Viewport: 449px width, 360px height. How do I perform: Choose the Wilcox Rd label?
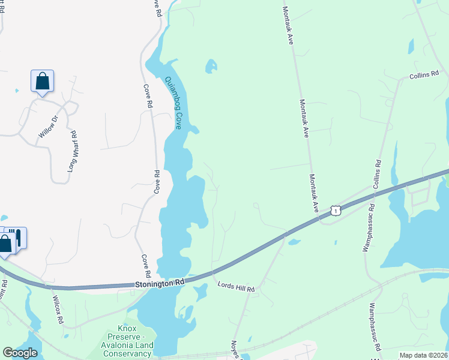coord(58,310)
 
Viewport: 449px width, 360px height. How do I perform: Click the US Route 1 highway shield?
coord(335,210)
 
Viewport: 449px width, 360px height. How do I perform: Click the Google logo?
coord(20,353)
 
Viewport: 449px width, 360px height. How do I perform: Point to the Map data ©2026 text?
coord(423,355)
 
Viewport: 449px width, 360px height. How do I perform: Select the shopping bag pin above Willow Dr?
coord(42,81)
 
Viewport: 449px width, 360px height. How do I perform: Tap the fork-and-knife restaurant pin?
coord(18,237)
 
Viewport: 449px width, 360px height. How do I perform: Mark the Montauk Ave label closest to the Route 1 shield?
coord(314,193)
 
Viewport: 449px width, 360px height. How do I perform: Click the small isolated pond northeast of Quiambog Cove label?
coord(211,65)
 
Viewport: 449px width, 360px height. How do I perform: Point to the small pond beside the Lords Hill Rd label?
coord(200,292)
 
